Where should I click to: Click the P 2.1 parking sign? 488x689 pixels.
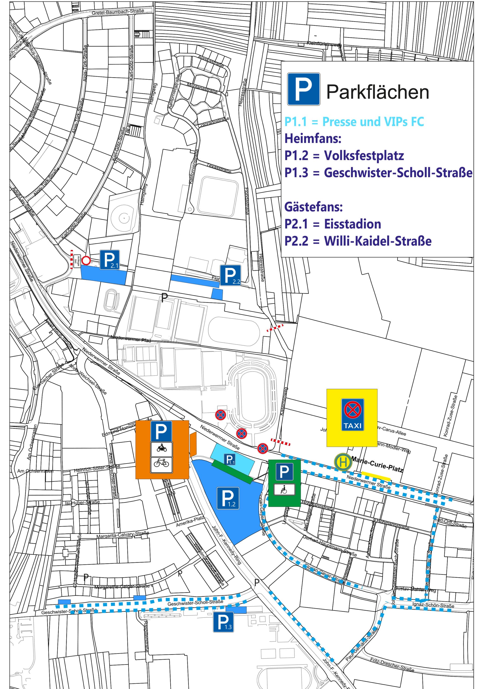point(110,260)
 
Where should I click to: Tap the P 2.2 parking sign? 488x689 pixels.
point(230,275)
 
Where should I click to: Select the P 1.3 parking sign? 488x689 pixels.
point(223,622)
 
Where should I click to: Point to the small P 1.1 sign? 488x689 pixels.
point(230,459)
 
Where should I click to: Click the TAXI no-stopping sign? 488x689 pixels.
point(353,414)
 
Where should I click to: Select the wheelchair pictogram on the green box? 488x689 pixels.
point(284,490)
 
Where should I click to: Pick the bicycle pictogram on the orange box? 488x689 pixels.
point(162,463)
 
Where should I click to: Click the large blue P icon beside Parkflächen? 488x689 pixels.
point(304,89)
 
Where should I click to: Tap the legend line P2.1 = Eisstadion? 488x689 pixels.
point(332,224)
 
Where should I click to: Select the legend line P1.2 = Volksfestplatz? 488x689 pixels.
point(344,155)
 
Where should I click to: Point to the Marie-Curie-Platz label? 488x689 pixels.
point(377,464)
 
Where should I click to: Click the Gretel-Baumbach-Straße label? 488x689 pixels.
point(118,12)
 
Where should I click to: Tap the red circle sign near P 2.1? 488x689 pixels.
point(86,260)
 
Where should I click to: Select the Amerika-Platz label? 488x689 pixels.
point(190,522)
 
